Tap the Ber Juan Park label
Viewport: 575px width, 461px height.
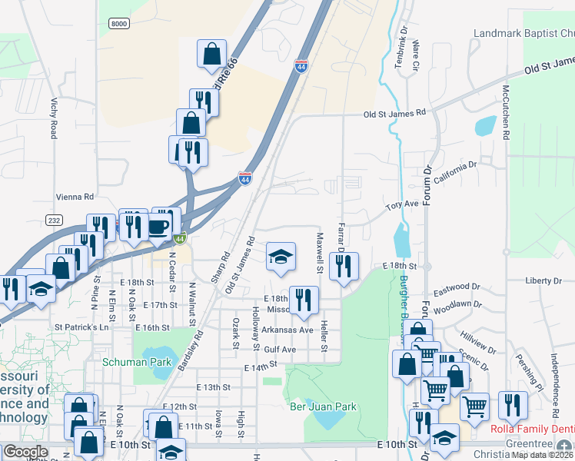323,406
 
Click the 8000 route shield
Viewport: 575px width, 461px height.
119,24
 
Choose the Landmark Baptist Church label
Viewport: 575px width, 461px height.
523,34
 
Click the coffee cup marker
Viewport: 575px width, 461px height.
159,226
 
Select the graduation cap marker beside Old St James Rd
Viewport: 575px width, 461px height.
281,257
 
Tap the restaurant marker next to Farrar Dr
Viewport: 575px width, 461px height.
343,266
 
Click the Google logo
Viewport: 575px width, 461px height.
25,452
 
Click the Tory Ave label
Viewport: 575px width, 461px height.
401,206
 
